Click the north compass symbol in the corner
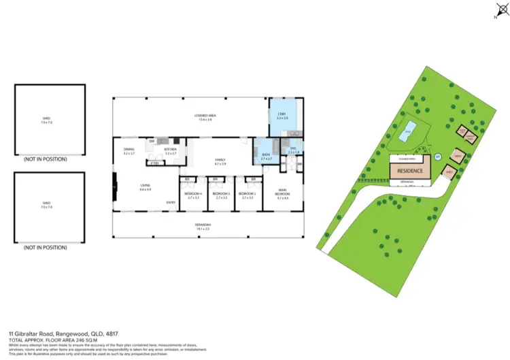(x=496, y=12)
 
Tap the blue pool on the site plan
(x=407, y=133)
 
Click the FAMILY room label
(x=220, y=161)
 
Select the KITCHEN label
(x=171, y=151)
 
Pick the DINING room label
(x=129, y=151)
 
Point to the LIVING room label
(x=146, y=186)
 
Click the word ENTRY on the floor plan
(x=171, y=202)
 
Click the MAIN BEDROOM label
(x=284, y=193)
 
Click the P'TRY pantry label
(x=154, y=163)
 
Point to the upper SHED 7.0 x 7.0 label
(x=47, y=120)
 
